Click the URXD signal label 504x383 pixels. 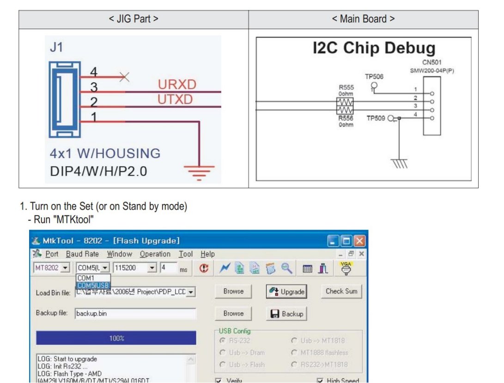point(177,85)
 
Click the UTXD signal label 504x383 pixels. point(175,99)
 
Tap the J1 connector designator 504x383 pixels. point(56,48)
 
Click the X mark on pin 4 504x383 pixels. point(124,77)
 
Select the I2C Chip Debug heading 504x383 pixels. point(374,49)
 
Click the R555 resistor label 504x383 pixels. point(346,87)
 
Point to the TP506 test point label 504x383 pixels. point(374,76)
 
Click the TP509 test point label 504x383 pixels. point(376,118)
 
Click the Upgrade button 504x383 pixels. point(287,291)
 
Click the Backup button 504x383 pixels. point(287,314)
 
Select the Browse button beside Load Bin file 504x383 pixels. point(233,291)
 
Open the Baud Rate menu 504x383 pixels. point(82,254)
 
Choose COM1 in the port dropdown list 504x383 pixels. point(86,278)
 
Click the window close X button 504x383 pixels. point(359,241)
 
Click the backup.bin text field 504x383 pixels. point(135,314)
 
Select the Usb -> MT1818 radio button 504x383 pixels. point(295,340)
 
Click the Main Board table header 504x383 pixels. point(363,19)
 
